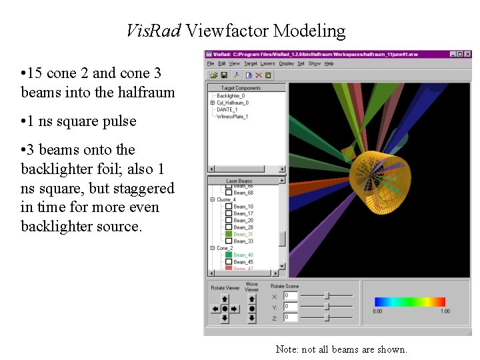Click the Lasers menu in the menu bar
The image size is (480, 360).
pyautogui.click(x=267, y=63)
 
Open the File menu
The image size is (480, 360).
pyautogui.click(x=211, y=63)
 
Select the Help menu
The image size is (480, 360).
pyautogui.click(x=329, y=63)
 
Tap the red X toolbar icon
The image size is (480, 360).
pyautogui.click(x=258, y=75)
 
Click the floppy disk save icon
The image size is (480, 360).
pyautogui.click(x=224, y=75)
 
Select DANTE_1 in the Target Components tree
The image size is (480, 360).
pyautogui.click(x=227, y=110)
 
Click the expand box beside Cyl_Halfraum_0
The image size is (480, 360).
pyautogui.click(x=212, y=103)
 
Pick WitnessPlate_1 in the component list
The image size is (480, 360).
pyautogui.click(x=232, y=117)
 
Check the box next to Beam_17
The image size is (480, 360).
pyautogui.click(x=229, y=213)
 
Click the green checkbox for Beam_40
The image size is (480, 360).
pyautogui.click(x=229, y=255)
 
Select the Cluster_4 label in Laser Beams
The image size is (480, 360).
pyautogui.click(x=225, y=199)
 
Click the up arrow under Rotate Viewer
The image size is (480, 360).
pyautogui.click(x=225, y=299)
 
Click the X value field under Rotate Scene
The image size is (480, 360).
pyautogui.click(x=291, y=295)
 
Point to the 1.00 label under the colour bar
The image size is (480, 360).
pyautogui.click(x=445, y=311)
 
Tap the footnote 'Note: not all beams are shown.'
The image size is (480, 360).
pyautogui.click(x=341, y=349)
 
